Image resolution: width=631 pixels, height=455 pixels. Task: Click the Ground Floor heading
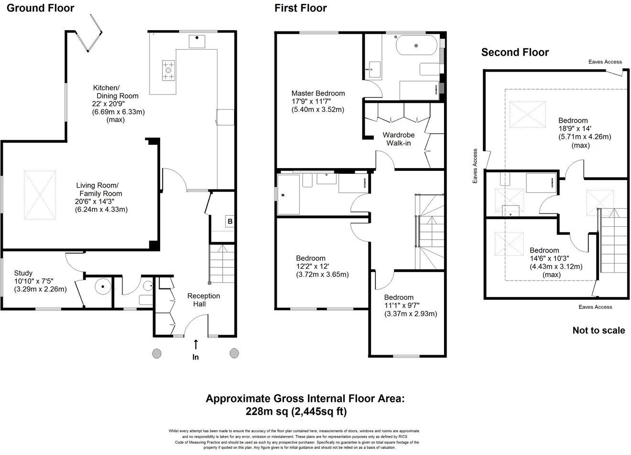(x=40, y=8)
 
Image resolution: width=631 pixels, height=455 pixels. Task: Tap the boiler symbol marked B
(x=230, y=222)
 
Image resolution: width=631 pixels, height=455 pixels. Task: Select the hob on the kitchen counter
(x=168, y=70)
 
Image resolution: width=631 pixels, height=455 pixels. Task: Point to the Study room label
(x=23, y=273)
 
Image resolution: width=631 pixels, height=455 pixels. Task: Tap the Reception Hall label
(x=203, y=300)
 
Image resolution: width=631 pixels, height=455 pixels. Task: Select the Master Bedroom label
(x=318, y=94)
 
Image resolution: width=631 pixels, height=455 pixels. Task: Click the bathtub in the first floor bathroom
(x=417, y=45)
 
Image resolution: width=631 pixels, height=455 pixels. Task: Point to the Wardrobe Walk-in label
(x=399, y=139)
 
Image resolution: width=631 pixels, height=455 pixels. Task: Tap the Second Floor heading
(x=515, y=53)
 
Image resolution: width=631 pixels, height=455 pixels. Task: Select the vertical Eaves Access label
(x=475, y=166)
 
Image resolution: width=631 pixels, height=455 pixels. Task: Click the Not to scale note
(x=599, y=330)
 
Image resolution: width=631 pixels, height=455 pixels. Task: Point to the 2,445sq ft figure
(x=319, y=412)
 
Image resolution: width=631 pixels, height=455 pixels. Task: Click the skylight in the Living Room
(x=40, y=195)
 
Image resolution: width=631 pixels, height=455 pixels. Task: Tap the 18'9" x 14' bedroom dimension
(x=575, y=128)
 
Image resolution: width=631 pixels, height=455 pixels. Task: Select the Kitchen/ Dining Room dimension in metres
(x=119, y=112)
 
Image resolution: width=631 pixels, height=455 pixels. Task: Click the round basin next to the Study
(x=103, y=286)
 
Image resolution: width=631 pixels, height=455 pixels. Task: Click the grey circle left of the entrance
(x=157, y=353)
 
